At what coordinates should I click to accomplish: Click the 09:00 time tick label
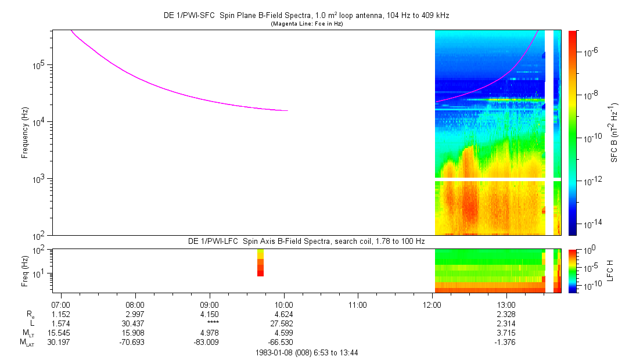click(209, 304)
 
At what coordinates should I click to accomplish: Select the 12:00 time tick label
click(432, 304)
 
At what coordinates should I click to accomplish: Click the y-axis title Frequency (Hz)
click(25, 132)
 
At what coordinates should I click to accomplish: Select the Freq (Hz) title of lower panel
click(25, 270)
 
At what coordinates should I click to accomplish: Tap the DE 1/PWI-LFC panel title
click(306, 240)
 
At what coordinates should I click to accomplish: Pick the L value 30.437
click(135, 323)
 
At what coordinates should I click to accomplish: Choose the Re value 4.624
click(283, 314)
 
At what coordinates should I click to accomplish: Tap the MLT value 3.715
click(506, 332)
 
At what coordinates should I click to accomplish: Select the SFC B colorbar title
click(614, 132)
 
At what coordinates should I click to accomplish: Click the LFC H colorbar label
click(614, 270)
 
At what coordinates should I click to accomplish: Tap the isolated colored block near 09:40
click(260, 262)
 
